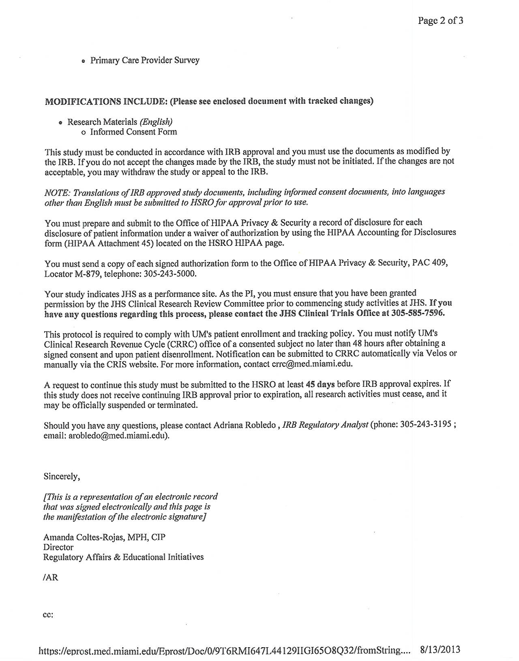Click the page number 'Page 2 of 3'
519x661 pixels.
[x=440, y=21]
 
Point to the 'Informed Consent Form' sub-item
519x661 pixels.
[x=133, y=132]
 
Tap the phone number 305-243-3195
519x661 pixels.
[x=426, y=425]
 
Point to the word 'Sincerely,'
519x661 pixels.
[x=62, y=477]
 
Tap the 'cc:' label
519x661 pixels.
[x=48, y=615]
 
